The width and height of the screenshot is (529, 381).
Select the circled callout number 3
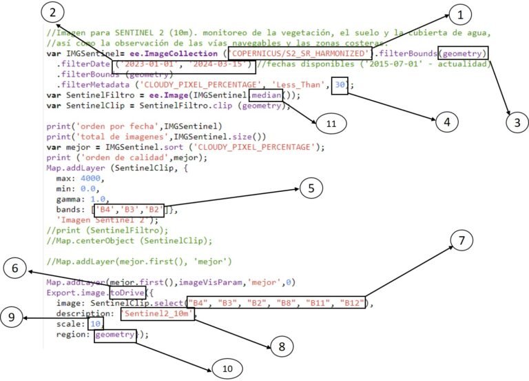(510, 123)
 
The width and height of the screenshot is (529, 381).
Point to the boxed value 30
(340, 85)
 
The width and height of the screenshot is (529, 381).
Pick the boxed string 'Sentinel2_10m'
(158, 313)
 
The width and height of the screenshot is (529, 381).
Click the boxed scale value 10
(96, 324)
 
